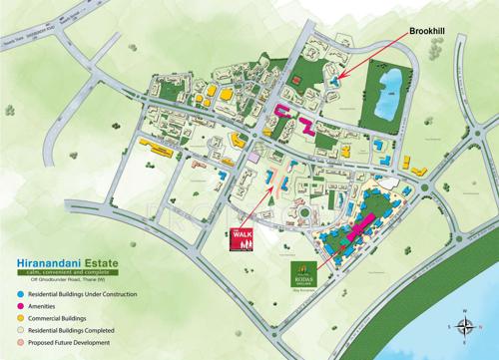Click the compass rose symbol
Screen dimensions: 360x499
point(465,325)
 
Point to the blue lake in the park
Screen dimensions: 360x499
point(392,91)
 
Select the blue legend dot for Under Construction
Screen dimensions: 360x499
point(22,296)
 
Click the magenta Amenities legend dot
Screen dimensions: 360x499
point(22,308)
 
